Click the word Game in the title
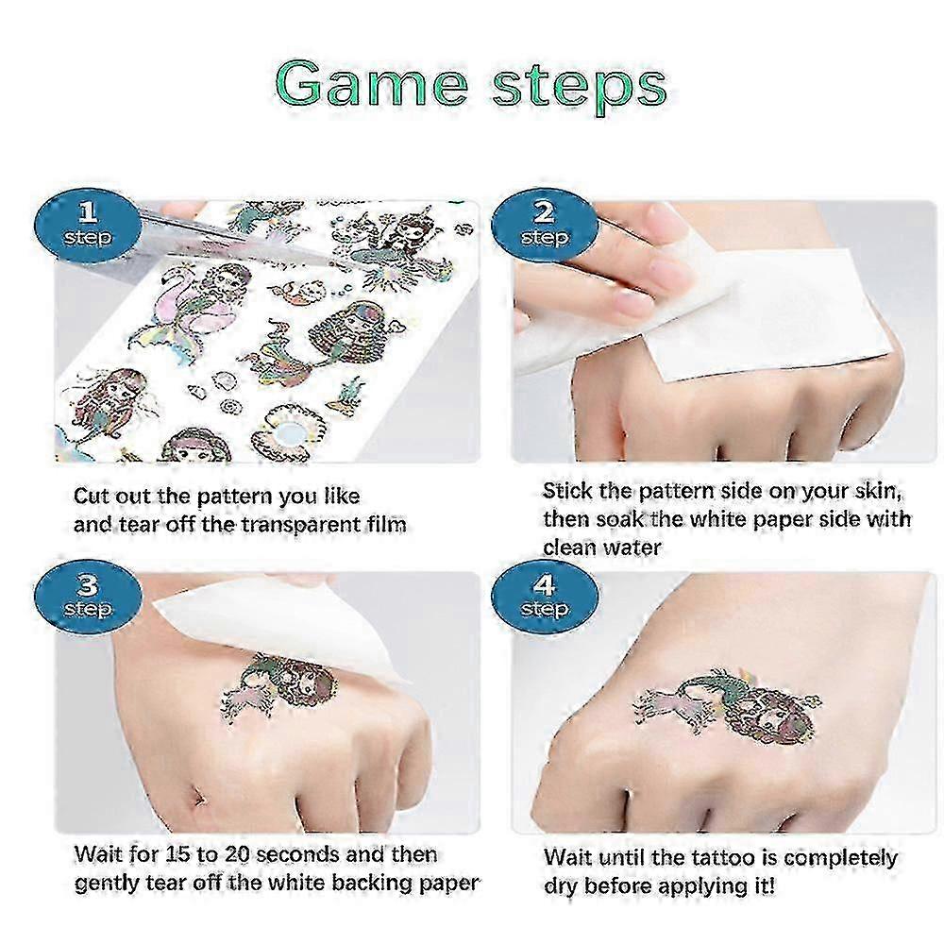click(371, 84)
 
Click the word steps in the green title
click(580, 88)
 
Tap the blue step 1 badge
click(88, 227)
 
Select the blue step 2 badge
click(545, 227)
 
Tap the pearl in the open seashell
click(293, 434)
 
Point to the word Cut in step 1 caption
click(92, 497)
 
